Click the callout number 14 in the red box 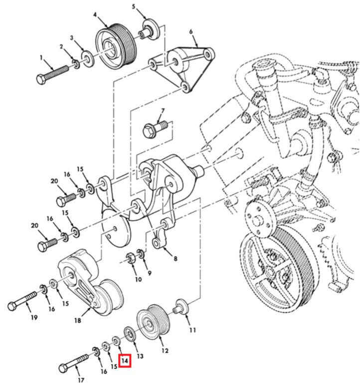click(x=124, y=360)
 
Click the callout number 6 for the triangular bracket click(x=190, y=32)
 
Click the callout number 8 click(x=175, y=258)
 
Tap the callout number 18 click(x=78, y=321)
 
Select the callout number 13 click(x=140, y=356)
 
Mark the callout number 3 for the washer click(x=72, y=38)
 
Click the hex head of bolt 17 click(x=64, y=369)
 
